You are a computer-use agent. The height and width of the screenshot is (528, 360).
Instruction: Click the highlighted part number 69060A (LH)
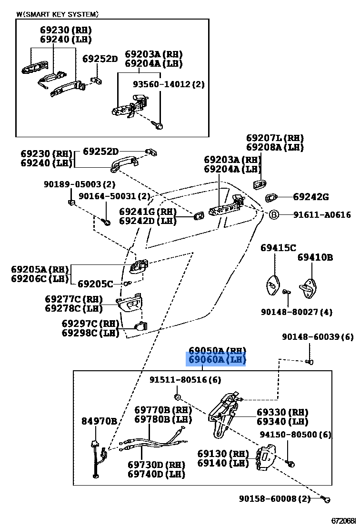pyautogui.click(x=215, y=360)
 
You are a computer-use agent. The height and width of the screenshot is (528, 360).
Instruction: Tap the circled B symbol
pyautogui.click(x=274, y=215)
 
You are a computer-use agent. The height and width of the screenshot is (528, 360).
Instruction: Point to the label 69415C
pyautogui.click(x=278, y=248)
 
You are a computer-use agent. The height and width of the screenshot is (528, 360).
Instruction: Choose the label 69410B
pyautogui.click(x=315, y=257)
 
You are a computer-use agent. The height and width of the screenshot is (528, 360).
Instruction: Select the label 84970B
pyautogui.click(x=99, y=421)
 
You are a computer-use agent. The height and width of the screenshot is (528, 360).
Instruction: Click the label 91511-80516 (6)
pyautogui.click(x=185, y=380)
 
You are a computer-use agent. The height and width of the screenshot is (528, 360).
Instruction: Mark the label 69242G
pyautogui.click(x=310, y=197)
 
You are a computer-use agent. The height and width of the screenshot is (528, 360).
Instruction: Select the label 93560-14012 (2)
pyautogui.click(x=168, y=84)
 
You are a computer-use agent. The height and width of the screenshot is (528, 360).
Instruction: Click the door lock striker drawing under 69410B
pyautogui.click(x=309, y=286)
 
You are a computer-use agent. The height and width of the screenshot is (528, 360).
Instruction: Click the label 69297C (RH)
pyautogui.click(x=90, y=324)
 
